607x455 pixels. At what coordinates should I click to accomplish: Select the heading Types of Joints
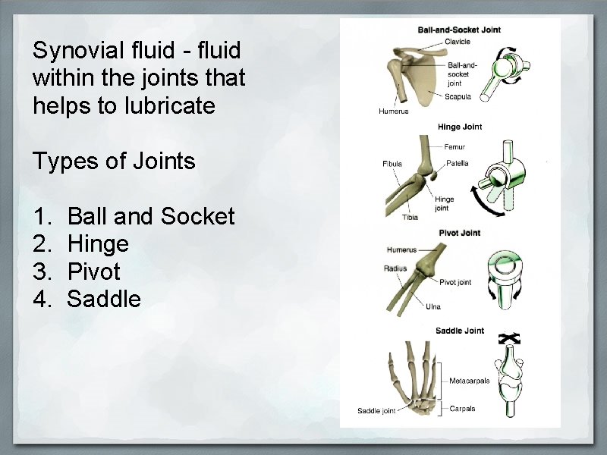tap(114, 161)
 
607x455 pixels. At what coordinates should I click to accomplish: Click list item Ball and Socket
tap(151, 217)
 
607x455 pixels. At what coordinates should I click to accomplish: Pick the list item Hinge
tap(98, 244)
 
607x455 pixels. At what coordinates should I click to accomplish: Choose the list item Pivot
tap(94, 271)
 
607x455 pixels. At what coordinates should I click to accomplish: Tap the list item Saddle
tap(104, 299)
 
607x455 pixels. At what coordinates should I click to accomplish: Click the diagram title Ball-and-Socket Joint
tap(459, 30)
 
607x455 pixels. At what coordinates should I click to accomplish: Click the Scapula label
tap(458, 96)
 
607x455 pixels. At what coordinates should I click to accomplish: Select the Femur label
tap(455, 147)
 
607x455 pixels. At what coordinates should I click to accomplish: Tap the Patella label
tap(458, 163)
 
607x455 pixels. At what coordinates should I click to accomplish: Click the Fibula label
tap(392, 164)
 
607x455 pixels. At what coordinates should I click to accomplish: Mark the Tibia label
tap(409, 218)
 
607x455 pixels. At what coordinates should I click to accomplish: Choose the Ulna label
tap(433, 306)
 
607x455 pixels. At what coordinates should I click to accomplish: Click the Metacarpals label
tap(470, 381)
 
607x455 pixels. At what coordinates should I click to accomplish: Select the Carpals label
tap(462, 409)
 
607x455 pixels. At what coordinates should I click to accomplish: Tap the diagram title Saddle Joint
tap(460, 331)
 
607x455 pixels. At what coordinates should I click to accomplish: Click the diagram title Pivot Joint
tap(460, 233)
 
